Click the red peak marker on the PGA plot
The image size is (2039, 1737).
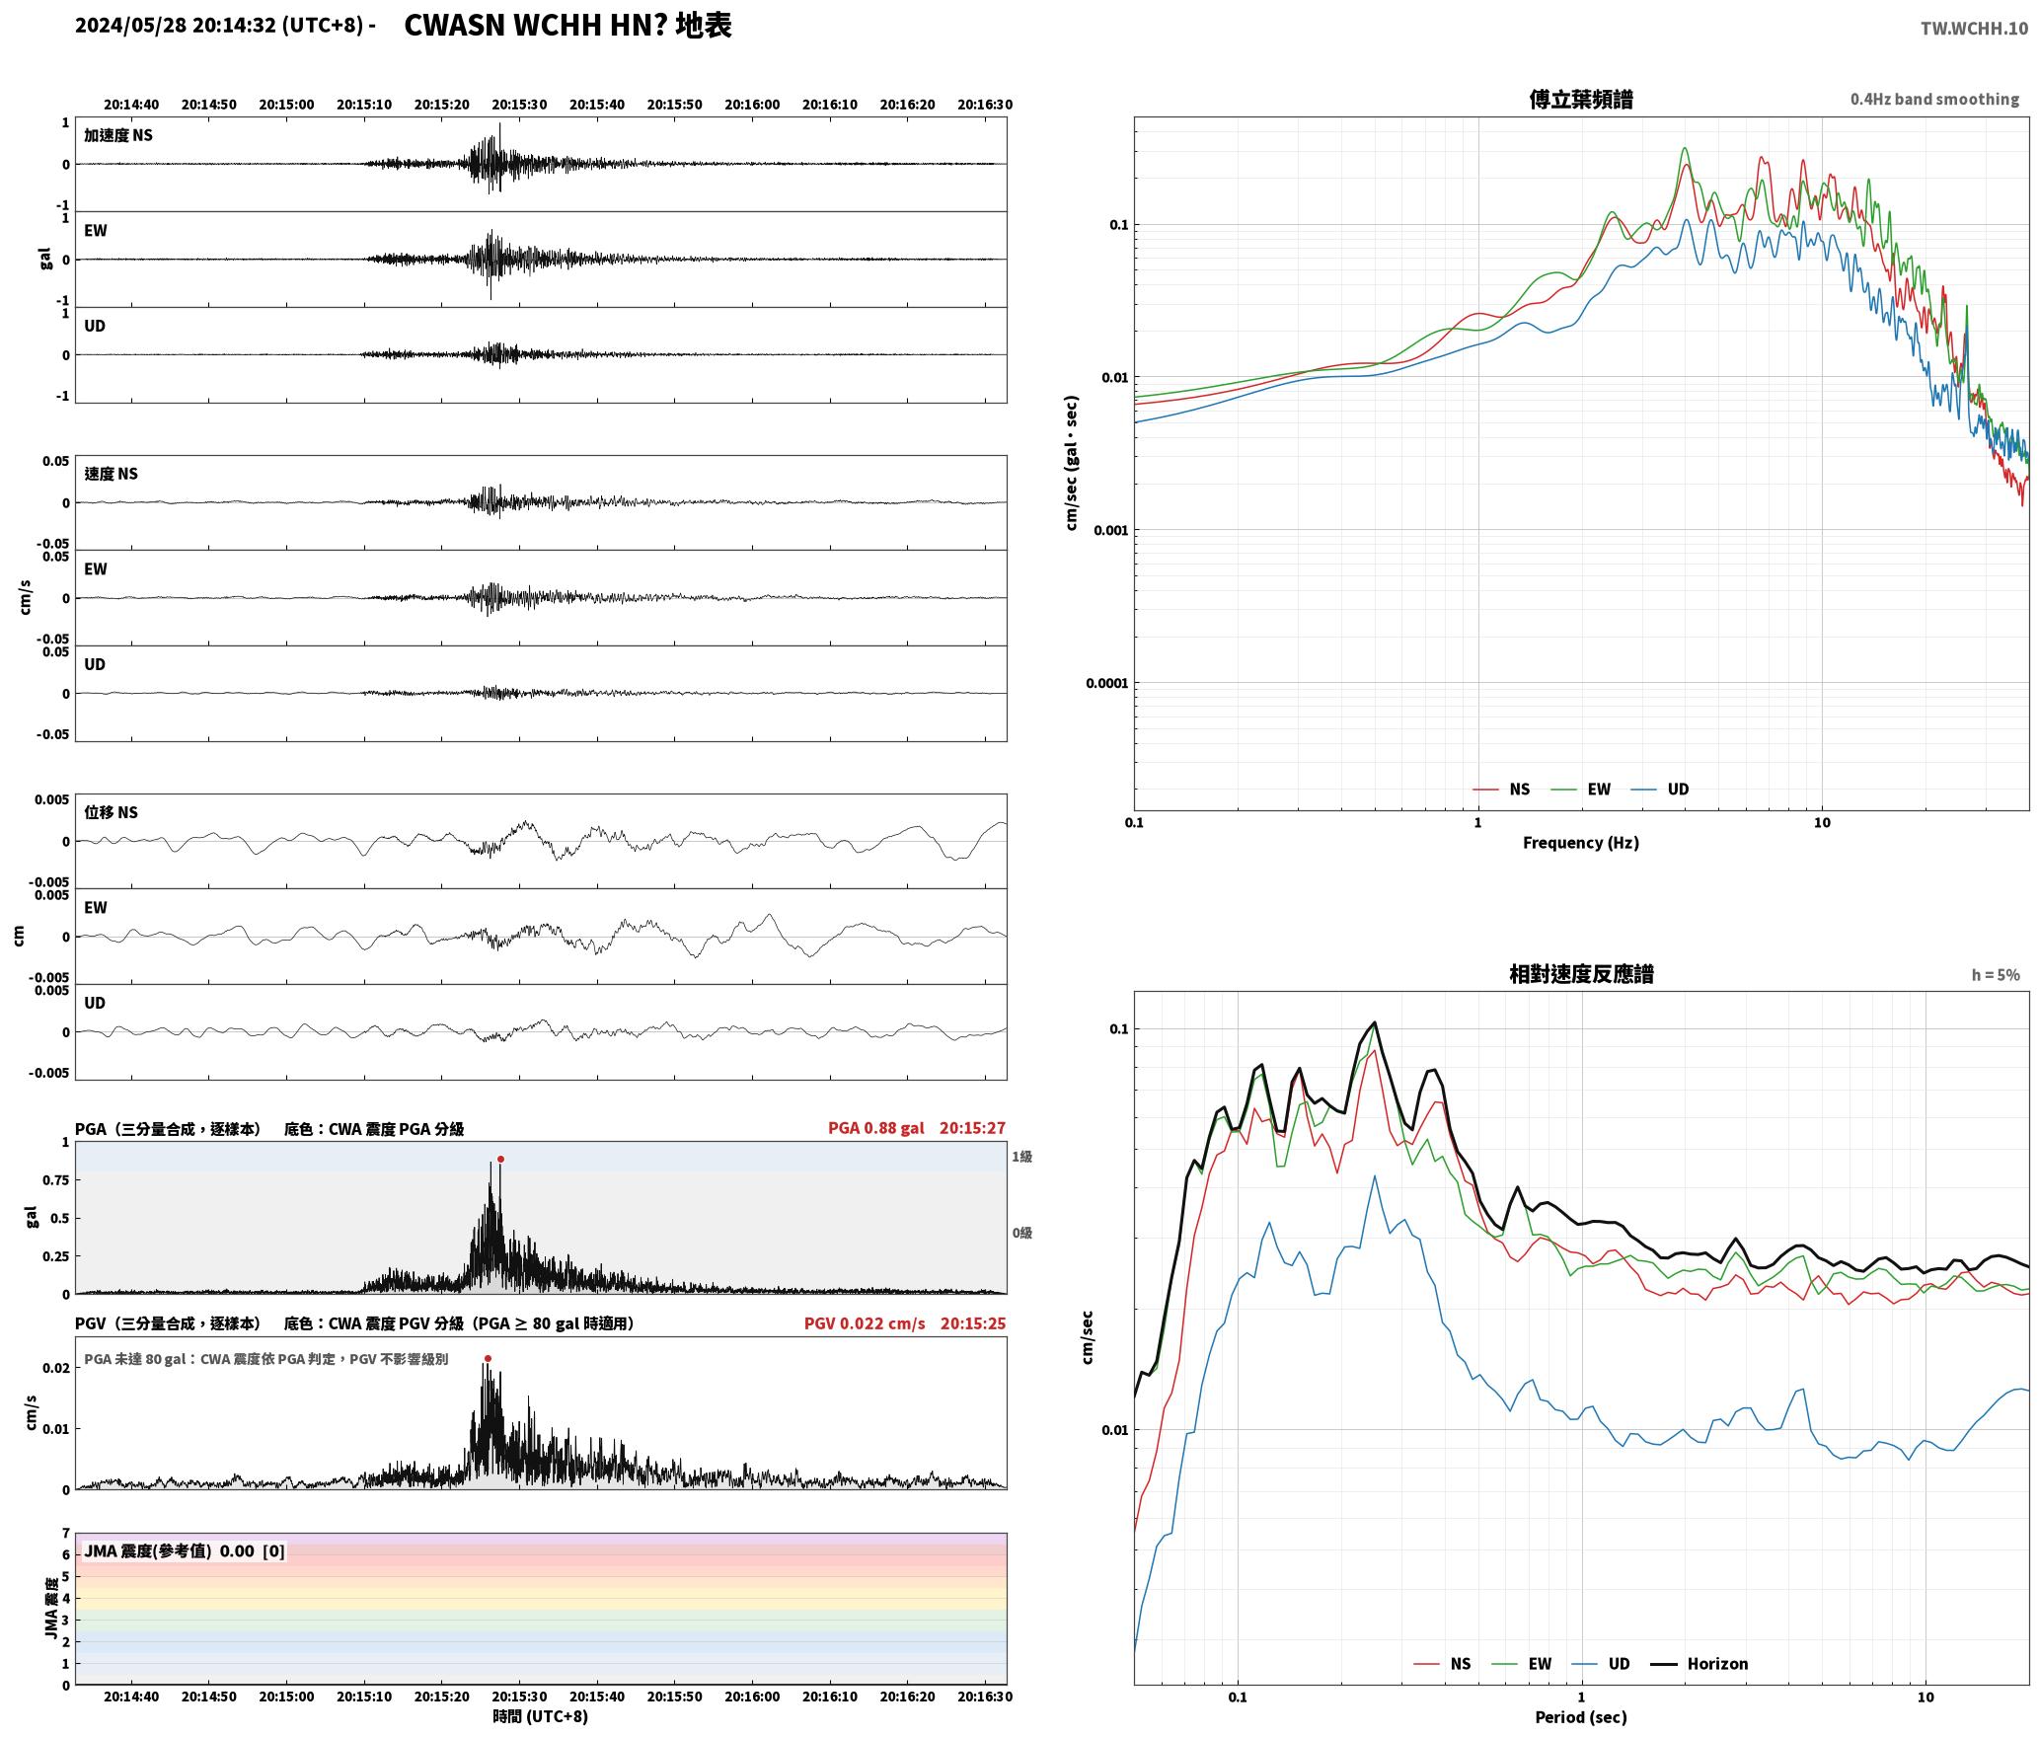click(500, 1159)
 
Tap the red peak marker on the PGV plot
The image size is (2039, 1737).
click(488, 1358)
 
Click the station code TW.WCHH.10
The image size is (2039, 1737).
click(1974, 28)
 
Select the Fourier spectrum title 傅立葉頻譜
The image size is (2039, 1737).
click(1580, 99)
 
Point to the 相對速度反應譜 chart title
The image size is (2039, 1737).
click(1581, 974)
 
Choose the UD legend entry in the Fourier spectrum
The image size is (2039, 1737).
click(1660, 789)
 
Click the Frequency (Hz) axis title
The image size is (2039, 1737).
click(1580, 842)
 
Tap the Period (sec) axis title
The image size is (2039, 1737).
click(1580, 1716)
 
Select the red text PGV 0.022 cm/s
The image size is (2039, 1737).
click(865, 1322)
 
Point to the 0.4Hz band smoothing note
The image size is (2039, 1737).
click(1934, 99)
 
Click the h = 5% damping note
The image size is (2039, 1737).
click(1996, 974)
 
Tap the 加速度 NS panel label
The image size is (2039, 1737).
click(118, 135)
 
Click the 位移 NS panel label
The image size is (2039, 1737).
click(111, 812)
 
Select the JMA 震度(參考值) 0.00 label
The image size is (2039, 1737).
click(185, 1550)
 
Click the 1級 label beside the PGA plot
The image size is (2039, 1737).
click(1021, 1156)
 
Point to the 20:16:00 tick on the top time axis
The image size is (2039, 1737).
click(752, 104)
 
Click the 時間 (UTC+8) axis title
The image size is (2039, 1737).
click(541, 1716)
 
